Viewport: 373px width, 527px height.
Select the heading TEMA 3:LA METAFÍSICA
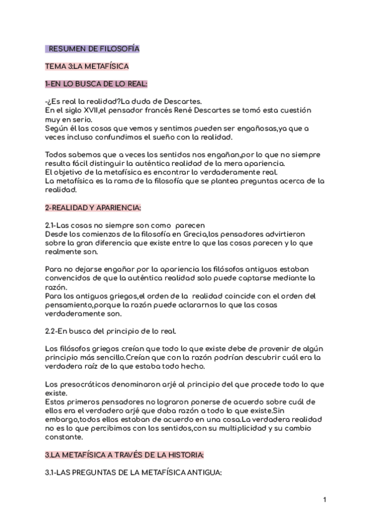click(87, 65)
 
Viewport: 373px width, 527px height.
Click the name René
click(185, 110)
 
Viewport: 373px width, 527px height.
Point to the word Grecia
click(194, 233)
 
